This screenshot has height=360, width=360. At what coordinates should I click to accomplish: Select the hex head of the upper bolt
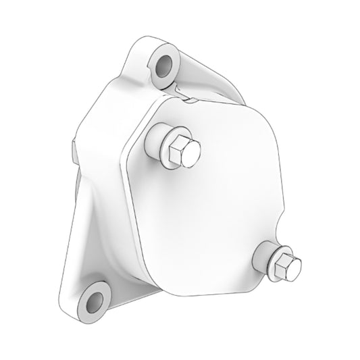click(180, 149)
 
